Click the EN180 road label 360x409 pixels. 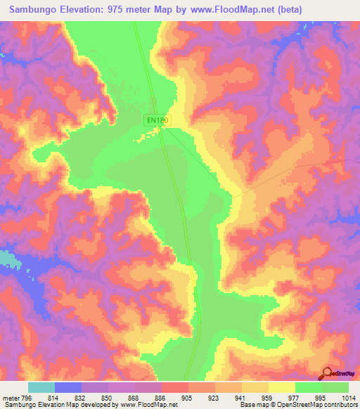[157, 120]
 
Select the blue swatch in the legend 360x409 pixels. [68, 387]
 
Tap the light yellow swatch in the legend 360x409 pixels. [282, 387]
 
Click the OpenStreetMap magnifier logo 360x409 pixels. [326, 373]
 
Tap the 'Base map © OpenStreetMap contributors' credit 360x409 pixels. [297, 405]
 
